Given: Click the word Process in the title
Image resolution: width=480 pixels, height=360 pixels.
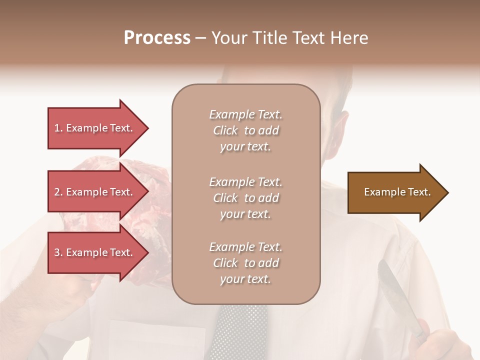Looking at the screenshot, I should pos(157,38).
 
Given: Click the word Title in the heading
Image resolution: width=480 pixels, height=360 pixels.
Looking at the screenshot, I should pos(269,38).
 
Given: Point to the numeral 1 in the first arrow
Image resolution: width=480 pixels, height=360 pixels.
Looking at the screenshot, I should pos(57,128).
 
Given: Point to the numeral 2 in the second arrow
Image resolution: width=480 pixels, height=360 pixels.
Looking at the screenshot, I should pos(57,192).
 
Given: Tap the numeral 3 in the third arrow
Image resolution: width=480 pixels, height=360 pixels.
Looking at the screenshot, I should pos(57,253).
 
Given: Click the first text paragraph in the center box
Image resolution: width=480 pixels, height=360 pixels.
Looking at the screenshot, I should pos(245,130).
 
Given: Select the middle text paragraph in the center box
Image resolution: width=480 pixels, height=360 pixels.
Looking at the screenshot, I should pos(245,198).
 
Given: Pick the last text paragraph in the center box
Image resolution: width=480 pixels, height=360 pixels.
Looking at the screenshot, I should pos(245,263).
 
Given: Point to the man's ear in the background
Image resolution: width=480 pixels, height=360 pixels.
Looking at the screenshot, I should pos(341,127).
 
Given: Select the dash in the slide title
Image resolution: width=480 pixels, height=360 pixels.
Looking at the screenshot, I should pos(200,38).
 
